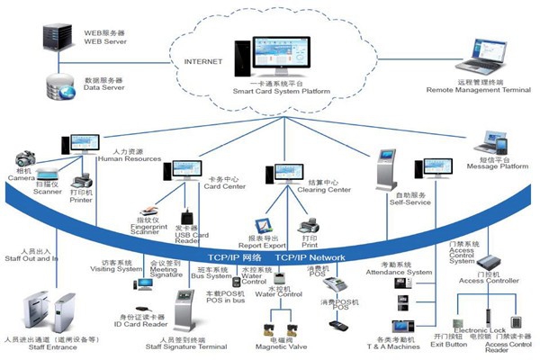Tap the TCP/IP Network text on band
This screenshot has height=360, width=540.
(310, 257)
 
